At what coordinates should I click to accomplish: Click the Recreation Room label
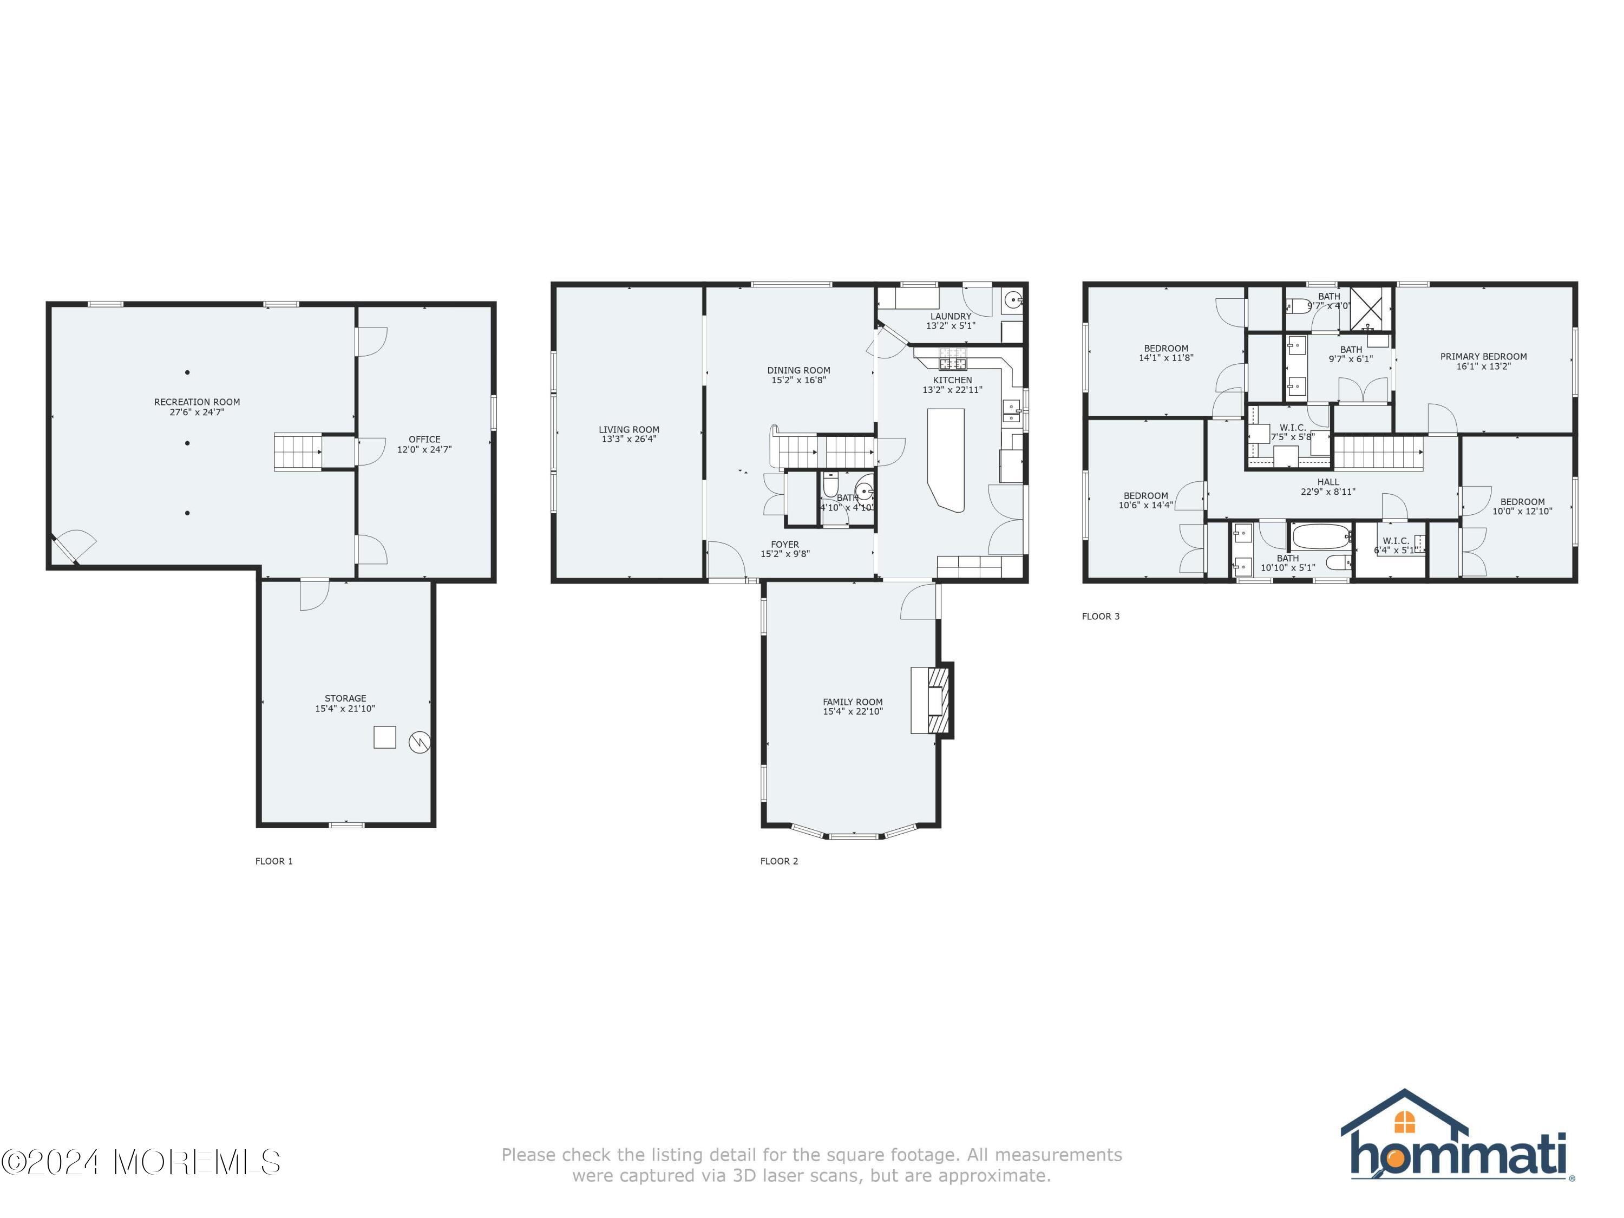(x=197, y=402)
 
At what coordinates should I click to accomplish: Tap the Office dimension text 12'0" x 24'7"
(x=424, y=449)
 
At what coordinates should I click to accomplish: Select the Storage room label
(x=345, y=698)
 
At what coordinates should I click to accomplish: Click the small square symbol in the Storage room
(x=385, y=737)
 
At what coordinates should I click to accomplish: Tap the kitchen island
(x=946, y=459)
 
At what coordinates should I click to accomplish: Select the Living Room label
(x=628, y=429)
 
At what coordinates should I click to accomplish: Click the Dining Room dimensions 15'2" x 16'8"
(x=799, y=381)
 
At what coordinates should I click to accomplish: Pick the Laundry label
(x=951, y=317)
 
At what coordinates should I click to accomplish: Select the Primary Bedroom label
(x=1483, y=357)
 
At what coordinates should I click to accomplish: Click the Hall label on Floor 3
(x=1328, y=482)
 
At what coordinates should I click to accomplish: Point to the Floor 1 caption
(x=274, y=861)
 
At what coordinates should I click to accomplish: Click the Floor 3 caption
(x=1101, y=617)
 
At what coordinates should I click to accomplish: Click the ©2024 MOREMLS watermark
(x=141, y=1162)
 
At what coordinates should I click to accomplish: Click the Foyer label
(x=785, y=545)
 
